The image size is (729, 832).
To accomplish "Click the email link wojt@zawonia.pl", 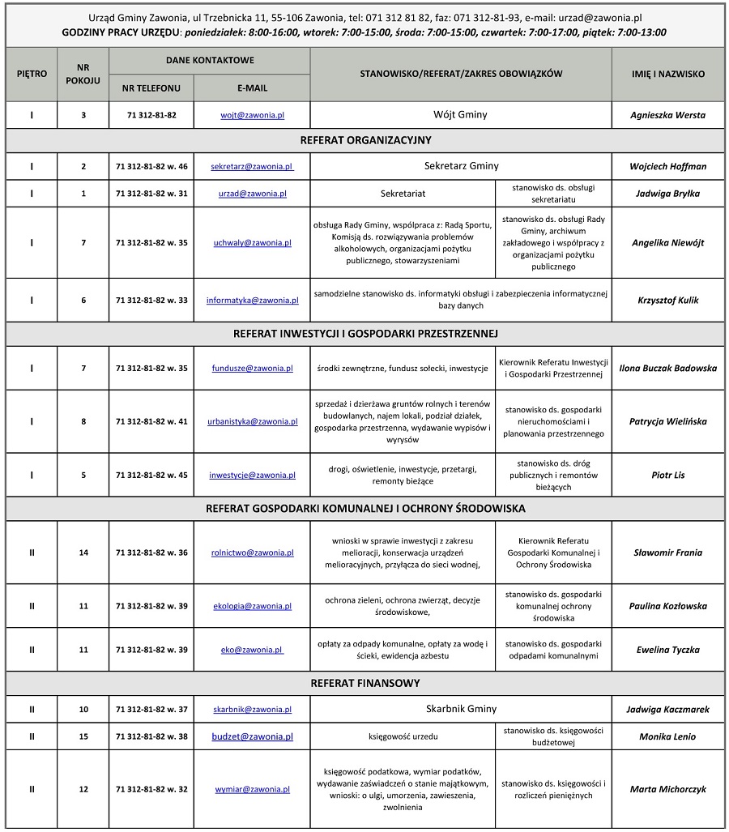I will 252,115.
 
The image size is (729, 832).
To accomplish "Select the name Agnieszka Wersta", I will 667,115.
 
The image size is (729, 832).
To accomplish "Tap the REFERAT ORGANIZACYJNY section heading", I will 365,140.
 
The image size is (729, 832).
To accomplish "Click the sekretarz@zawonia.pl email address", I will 252,166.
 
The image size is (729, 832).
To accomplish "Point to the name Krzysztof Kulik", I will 667,301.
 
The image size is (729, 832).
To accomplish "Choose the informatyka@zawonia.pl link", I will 252,301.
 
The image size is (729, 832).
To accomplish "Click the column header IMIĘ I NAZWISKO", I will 667,74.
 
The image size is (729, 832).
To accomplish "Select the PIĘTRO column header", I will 32,74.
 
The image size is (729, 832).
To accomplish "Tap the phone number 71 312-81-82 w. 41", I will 151,421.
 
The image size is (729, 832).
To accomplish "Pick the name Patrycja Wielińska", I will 667,421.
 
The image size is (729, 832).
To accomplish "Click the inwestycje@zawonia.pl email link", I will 252,475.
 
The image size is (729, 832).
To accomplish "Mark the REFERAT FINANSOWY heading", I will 365,683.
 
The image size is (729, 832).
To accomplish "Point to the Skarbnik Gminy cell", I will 461,709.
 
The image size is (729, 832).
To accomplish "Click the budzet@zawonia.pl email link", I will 252,736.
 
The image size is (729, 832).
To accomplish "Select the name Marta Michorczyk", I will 667,789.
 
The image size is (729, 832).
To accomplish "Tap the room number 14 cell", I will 83,553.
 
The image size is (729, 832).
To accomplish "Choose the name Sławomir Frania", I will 667,553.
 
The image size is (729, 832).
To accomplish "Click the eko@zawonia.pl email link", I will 252,650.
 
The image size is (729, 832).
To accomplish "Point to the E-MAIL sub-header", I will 252,87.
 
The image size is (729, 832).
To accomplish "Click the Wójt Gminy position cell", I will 461,115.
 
